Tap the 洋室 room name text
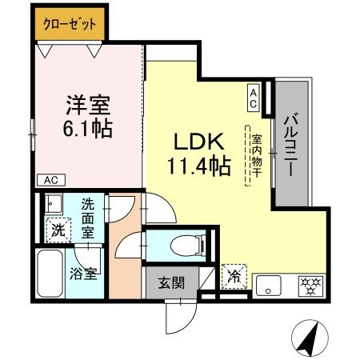(x=87, y=106)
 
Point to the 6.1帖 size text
(x=87, y=128)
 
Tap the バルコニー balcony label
(x=290, y=142)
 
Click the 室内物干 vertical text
(x=257, y=158)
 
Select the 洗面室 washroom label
(x=87, y=218)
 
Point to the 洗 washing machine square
(x=58, y=229)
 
